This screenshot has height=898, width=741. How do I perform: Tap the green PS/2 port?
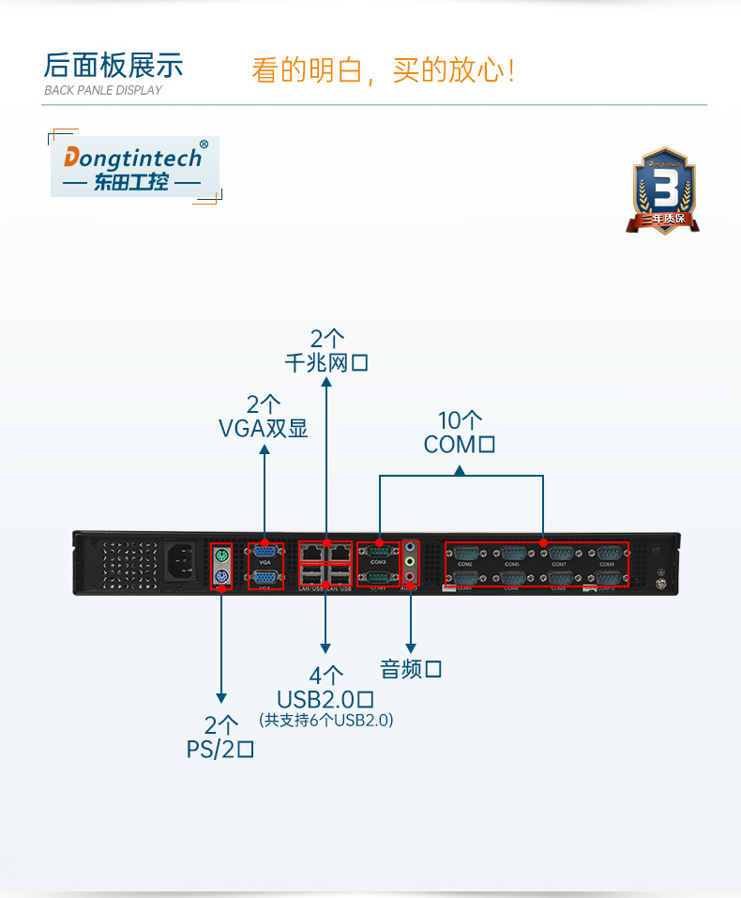[221, 554]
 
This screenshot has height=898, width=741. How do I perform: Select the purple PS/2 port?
[221, 577]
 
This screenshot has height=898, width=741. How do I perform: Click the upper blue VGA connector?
[265, 553]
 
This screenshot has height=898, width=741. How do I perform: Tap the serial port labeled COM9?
[607, 554]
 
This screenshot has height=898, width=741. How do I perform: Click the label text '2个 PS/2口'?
[221, 737]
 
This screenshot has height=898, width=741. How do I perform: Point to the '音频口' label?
[411, 669]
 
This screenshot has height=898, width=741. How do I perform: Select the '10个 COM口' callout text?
[460, 433]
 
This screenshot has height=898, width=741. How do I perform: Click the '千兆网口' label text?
[326, 362]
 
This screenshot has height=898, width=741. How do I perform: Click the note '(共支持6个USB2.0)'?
[325, 721]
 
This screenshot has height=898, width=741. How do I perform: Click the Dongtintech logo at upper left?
[134, 168]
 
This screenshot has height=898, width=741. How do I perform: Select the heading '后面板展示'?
[113, 66]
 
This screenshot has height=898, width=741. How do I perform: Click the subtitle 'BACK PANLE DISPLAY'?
[103, 91]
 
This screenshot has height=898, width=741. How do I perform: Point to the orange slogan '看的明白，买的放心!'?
[383, 70]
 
